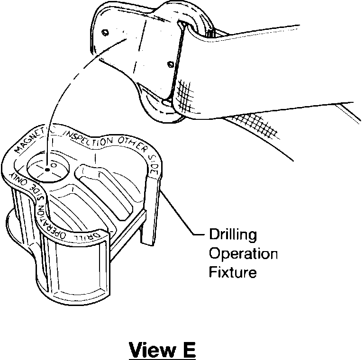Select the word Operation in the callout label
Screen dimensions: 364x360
[243, 254]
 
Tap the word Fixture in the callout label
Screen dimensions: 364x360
[233, 272]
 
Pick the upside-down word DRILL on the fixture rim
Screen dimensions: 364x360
[88, 234]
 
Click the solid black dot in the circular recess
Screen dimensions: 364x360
[48, 169]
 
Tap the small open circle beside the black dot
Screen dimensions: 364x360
[54, 166]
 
